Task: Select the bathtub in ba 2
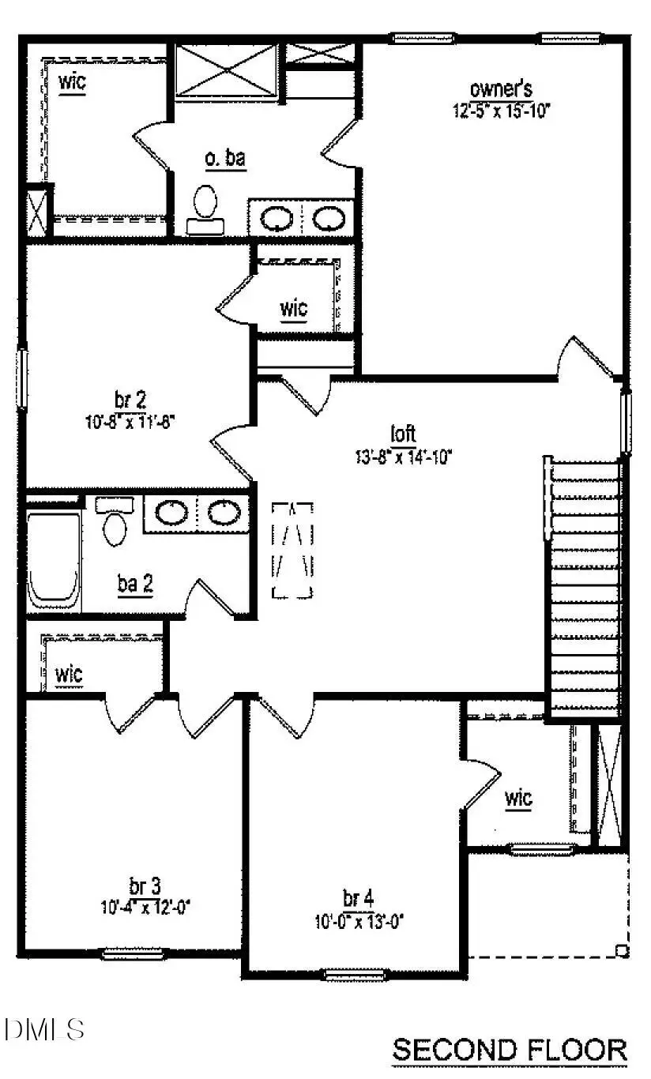54,561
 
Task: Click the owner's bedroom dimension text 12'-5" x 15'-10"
500,111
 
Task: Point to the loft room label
403,434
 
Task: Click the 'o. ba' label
225,158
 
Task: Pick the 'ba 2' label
135,585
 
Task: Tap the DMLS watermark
44,1029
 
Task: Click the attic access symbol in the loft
292,550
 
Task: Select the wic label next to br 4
518,799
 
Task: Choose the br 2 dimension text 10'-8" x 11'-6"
130,422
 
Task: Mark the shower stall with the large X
226,71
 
